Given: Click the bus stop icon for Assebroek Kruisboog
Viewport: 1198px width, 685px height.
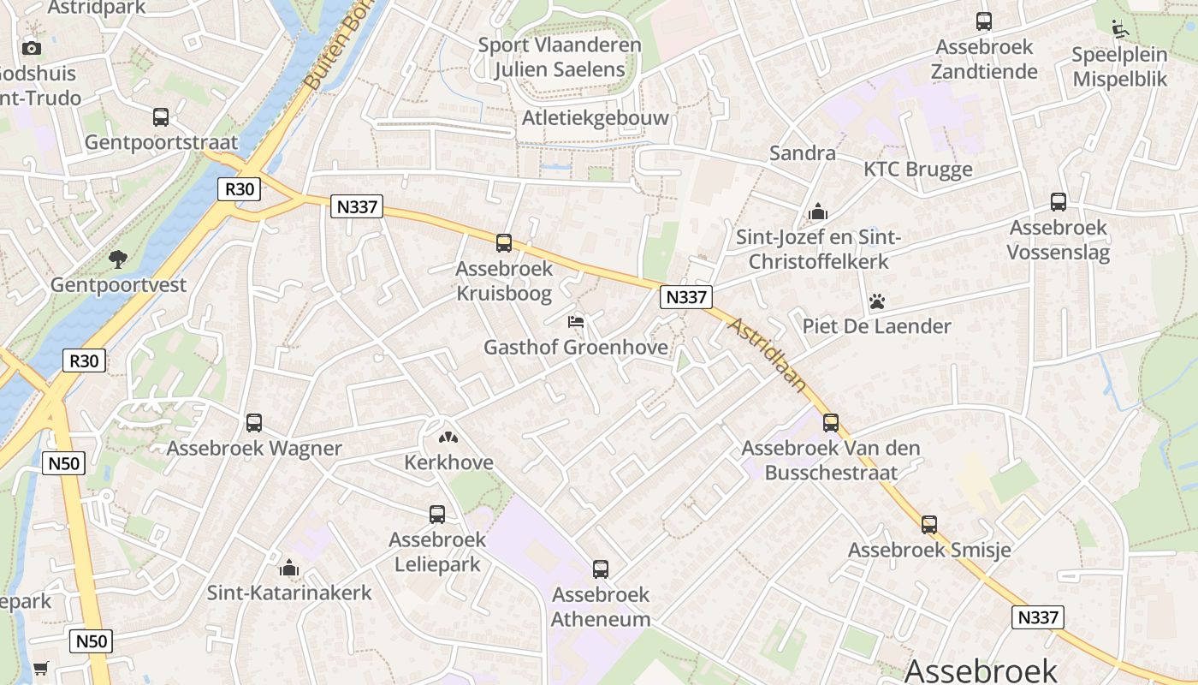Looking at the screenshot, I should click(504, 243).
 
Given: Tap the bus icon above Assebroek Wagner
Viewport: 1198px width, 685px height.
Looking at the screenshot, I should click(254, 423).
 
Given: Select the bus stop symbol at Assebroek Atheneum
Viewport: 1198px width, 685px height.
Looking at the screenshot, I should click(601, 569).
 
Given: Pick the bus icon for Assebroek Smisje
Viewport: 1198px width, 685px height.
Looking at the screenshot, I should click(929, 525).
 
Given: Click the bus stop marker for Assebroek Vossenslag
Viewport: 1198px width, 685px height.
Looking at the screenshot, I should click(1059, 203).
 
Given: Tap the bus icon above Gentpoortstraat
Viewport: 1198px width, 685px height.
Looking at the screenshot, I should click(161, 117).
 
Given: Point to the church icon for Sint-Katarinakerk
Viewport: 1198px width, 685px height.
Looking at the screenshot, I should click(289, 569).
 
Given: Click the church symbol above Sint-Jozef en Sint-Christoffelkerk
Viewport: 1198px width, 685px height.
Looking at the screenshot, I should click(818, 211).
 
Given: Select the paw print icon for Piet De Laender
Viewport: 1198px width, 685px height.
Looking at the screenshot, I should click(877, 301).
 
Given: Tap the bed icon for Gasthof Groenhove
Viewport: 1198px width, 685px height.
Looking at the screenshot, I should click(576, 323).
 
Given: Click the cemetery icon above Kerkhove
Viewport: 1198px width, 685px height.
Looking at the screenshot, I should click(448, 438).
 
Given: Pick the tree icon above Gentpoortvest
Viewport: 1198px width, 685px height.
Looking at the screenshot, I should click(118, 259).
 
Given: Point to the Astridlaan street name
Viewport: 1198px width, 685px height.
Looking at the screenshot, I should click(768, 354).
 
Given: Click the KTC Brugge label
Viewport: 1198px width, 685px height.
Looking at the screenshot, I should click(917, 170).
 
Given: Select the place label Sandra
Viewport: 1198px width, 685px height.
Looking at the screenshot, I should click(802, 153).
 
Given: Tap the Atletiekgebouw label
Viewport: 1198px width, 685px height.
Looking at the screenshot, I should click(596, 118).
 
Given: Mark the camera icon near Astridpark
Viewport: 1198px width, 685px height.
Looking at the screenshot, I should click(32, 48).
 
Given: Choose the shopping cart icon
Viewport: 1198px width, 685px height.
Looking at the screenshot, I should click(40, 668).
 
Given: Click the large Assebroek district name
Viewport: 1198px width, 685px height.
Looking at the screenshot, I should click(981, 670).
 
